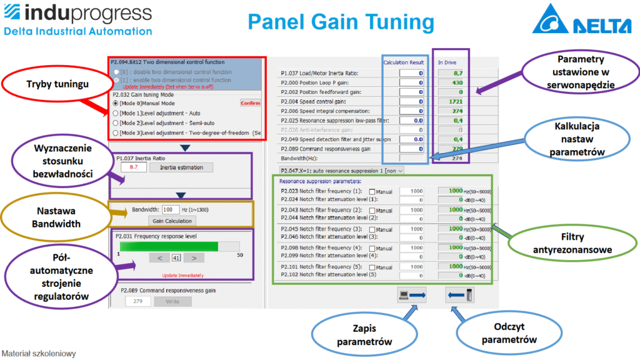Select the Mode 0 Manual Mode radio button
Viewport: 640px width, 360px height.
115,102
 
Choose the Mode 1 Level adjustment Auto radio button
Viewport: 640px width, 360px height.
115,113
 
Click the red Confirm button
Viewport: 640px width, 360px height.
250,102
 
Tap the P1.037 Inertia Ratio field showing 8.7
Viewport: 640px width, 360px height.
134,167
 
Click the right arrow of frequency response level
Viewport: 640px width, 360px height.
194,257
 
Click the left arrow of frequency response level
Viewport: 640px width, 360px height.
160,257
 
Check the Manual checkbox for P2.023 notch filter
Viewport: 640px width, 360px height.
372,192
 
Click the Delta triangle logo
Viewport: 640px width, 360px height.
550,21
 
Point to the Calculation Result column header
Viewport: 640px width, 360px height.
403,62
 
